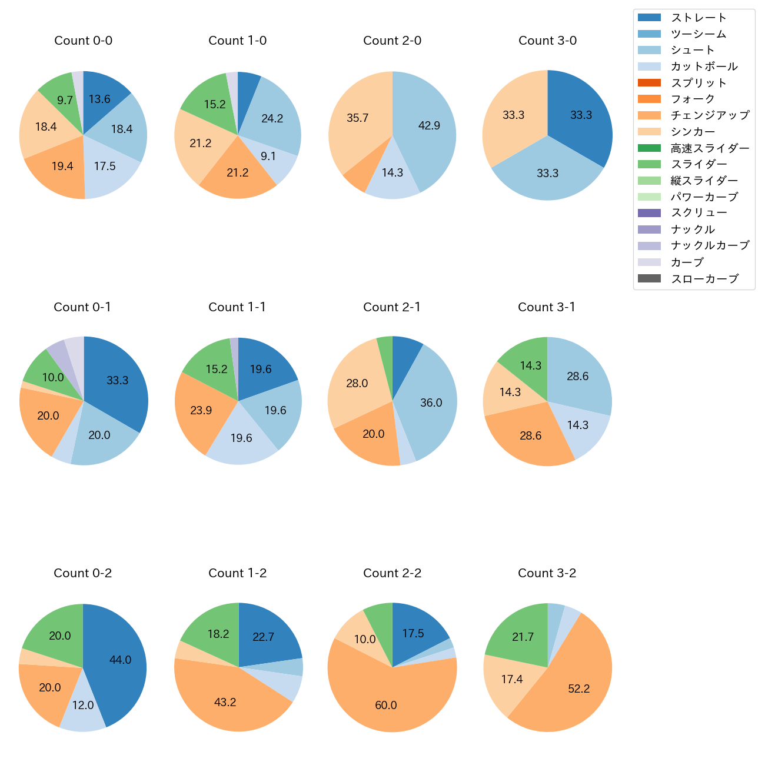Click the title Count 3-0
(x=547, y=41)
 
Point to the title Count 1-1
(x=237, y=307)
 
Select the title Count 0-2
(x=83, y=573)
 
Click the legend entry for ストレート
(x=699, y=18)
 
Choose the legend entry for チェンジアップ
(x=710, y=115)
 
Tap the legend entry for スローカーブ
(x=704, y=279)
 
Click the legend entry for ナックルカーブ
(x=710, y=246)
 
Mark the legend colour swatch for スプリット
(x=649, y=83)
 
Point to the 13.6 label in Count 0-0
(x=99, y=99)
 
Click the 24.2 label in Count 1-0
(x=272, y=118)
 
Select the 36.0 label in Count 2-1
(x=431, y=403)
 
